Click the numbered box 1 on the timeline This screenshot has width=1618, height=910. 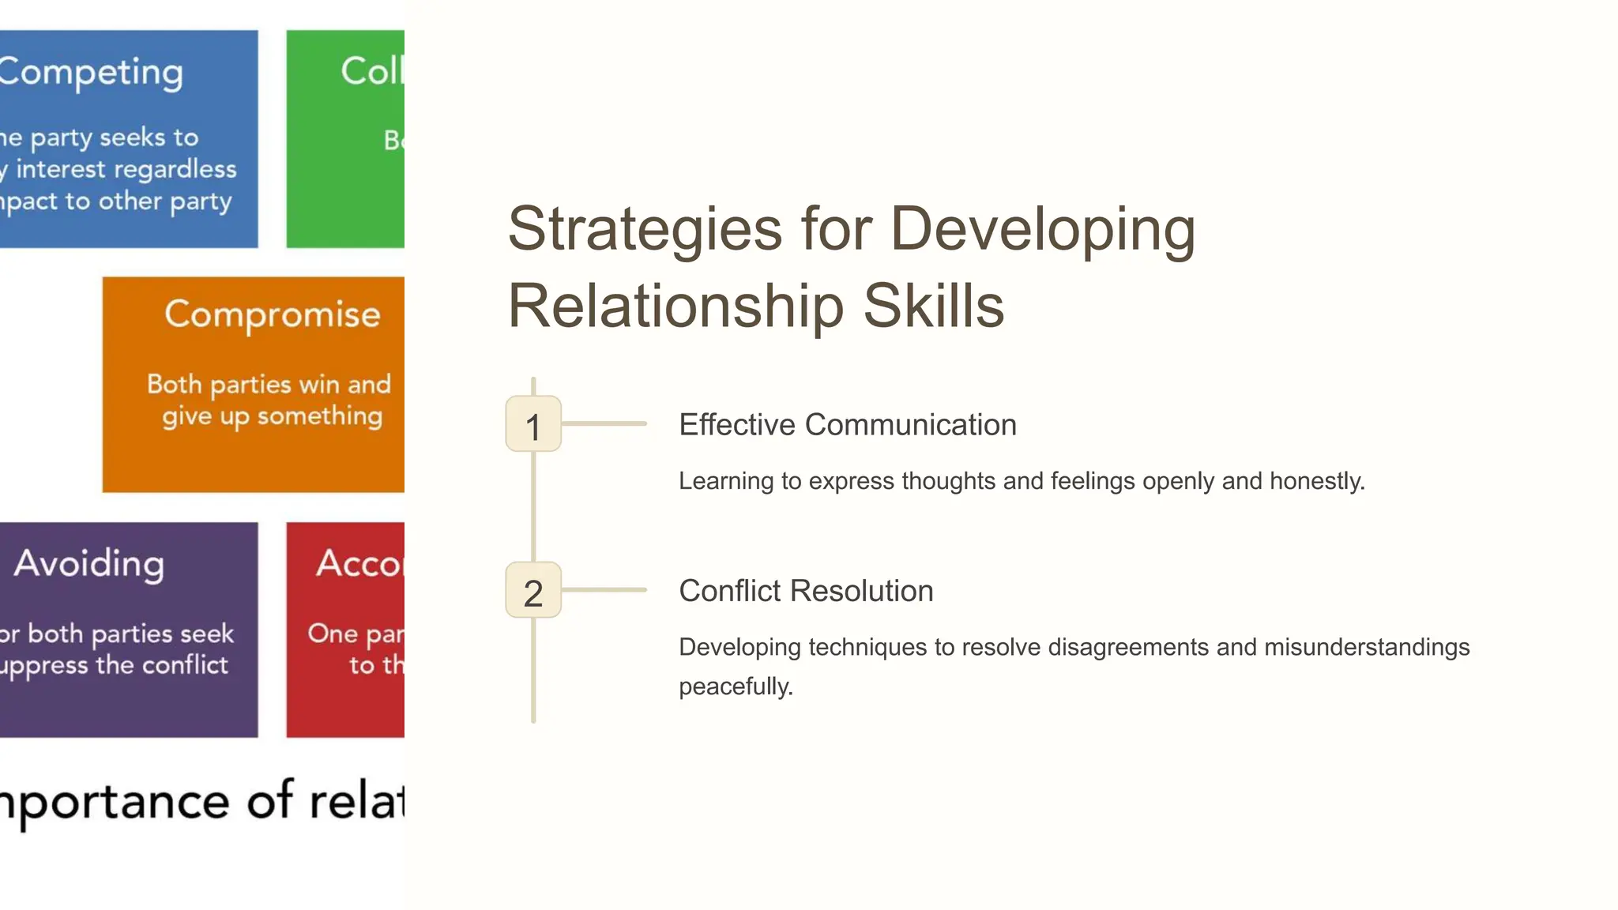533,424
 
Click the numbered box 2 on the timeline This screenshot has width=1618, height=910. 533,590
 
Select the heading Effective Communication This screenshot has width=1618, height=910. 847,425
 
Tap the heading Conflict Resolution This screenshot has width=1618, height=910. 806,591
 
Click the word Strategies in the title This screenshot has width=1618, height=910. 645,230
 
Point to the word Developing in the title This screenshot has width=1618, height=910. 1043,230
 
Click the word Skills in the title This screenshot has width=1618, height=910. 933,306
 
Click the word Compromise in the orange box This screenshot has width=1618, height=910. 273,314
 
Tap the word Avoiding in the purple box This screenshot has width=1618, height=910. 89,564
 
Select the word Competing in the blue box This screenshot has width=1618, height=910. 90,73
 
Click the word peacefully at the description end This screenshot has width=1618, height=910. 736,686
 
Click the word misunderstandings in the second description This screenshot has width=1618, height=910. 1367,647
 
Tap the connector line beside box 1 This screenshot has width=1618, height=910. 604,424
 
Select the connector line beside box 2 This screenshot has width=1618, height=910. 604,590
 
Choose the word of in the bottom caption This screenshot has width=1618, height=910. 270,801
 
